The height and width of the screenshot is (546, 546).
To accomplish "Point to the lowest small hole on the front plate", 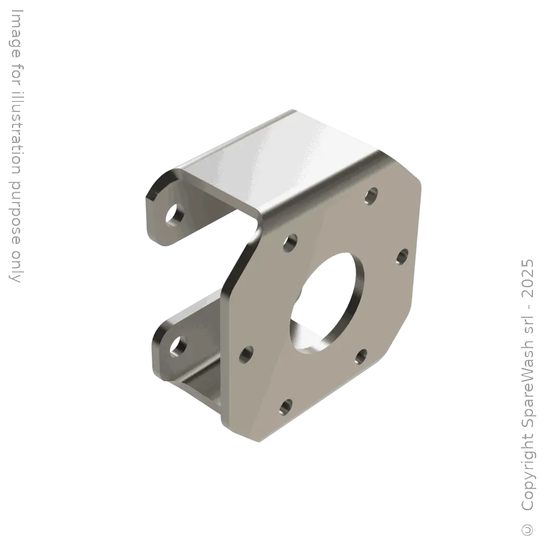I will tap(285, 406).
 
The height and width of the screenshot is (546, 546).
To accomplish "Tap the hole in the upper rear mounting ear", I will tap(175, 216).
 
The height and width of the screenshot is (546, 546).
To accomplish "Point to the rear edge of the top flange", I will tap(229, 136).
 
